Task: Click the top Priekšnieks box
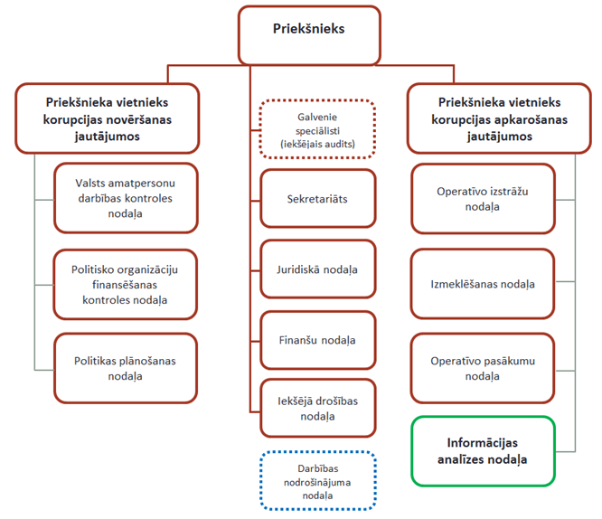click(309, 35)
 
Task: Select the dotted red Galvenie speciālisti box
click(317, 129)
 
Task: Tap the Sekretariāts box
click(317, 199)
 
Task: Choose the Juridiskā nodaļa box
click(317, 269)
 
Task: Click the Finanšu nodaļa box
click(317, 340)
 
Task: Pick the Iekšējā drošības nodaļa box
click(317, 408)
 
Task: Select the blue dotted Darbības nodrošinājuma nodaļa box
click(317, 481)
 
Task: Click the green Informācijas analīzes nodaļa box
click(483, 451)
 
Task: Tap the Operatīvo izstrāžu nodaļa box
click(483, 199)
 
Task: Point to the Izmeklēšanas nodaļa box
click(483, 284)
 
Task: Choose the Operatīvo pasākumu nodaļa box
click(483, 368)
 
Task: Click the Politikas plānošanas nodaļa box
click(125, 368)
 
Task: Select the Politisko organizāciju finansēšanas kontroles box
click(125, 284)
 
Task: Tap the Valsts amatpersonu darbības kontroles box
click(126, 198)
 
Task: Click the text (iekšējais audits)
click(317, 144)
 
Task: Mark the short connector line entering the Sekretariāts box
click(255, 201)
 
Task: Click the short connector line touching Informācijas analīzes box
click(565, 451)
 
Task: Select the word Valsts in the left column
click(88, 183)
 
